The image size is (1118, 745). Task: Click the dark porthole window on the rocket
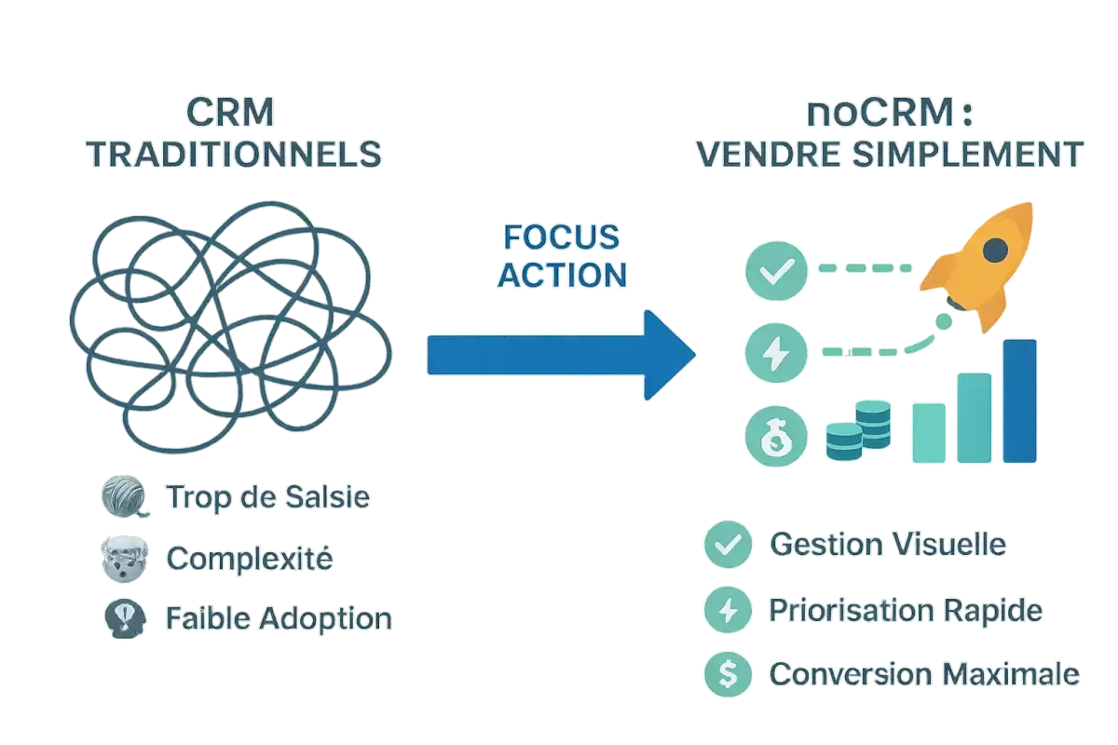pyautogui.click(x=995, y=248)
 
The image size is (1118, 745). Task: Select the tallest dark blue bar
pyautogui.click(x=1019, y=400)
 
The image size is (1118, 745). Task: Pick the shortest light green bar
pyautogui.click(x=927, y=433)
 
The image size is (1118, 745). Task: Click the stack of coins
pyautogui.click(x=858, y=431)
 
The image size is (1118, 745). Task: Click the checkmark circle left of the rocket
pyautogui.click(x=772, y=270)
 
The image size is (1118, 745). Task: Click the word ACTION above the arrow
pyautogui.click(x=559, y=275)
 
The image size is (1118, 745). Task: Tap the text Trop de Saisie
pyautogui.click(x=267, y=498)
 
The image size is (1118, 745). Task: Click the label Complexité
pyautogui.click(x=249, y=559)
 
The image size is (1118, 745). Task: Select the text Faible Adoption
pyautogui.click(x=279, y=617)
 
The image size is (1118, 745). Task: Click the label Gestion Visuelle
pyautogui.click(x=887, y=544)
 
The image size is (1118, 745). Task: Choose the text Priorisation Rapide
pyautogui.click(x=905, y=611)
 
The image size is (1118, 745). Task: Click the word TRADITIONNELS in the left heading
pyautogui.click(x=234, y=155)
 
